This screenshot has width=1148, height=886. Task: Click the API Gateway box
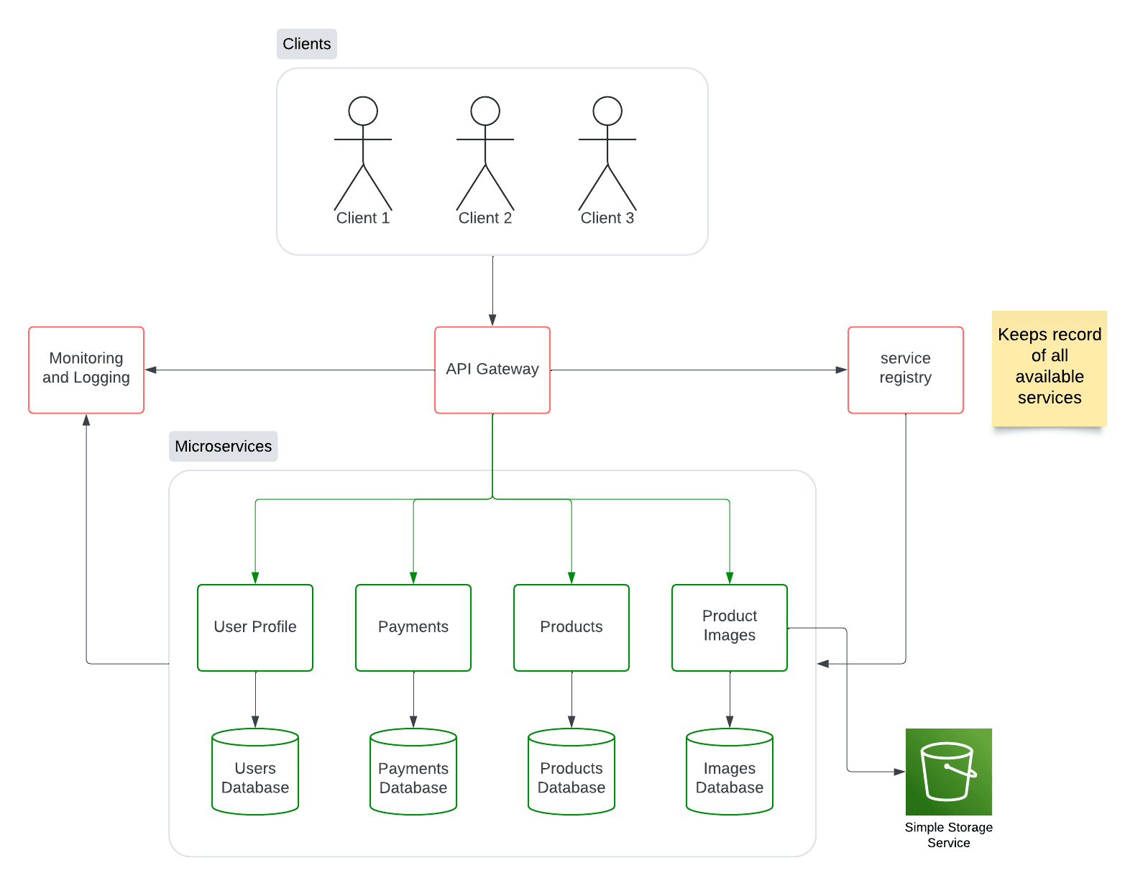point(492,370)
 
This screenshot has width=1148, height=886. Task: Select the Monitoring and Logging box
point(86,370)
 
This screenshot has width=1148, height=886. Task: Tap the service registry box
point(905,370)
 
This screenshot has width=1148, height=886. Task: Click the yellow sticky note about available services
point(1049,367)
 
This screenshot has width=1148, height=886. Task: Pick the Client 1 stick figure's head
point(363,111)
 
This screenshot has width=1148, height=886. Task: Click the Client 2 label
point(485,218)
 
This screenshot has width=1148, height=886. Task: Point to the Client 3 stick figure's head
point(607,111)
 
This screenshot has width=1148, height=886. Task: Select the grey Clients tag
point(307,44)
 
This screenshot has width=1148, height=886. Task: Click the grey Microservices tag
point(223,446)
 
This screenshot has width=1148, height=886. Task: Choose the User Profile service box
point(255,627)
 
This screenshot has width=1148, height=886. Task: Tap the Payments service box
point(413,627)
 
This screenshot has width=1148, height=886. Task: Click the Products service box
point(571,627)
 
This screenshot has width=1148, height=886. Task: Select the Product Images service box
point(730,627)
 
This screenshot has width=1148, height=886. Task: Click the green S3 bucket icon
point(948,771)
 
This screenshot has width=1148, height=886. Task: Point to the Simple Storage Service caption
point(948,835)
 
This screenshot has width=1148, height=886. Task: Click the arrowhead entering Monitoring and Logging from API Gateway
point(151,370)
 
